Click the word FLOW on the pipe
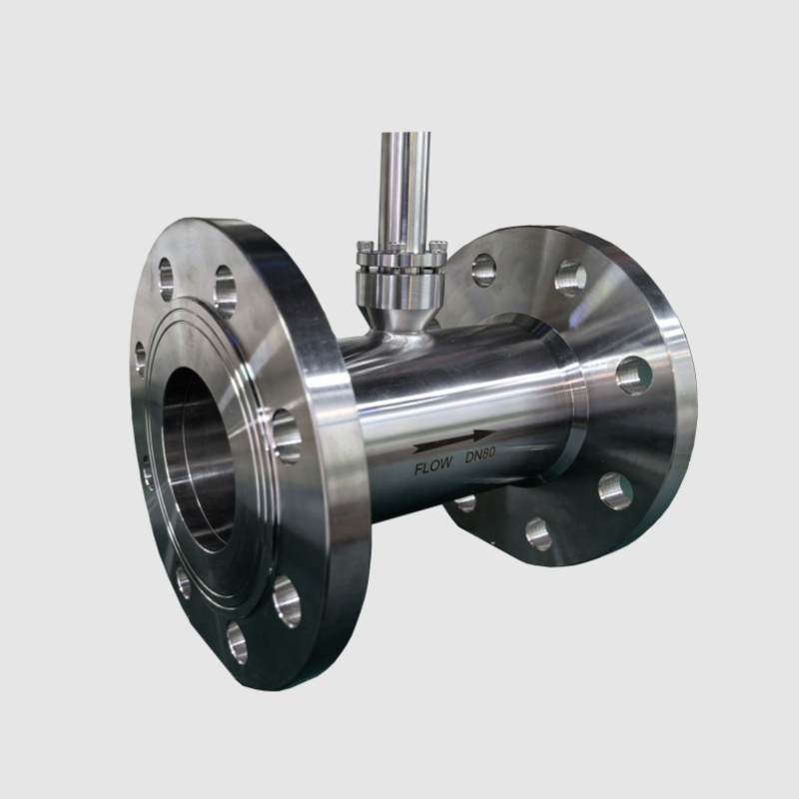pyautogui.click(x=433, y=466)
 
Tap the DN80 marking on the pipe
pyautogui.click(x=480, y=454)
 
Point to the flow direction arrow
pyautogui.click(x=454, y=441)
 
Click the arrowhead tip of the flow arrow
pyautogui.click(x=495, y=432)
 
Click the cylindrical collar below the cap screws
pyautogui.click(x=400, y=287)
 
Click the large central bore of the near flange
pyautogui.click(x=198, y=460)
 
